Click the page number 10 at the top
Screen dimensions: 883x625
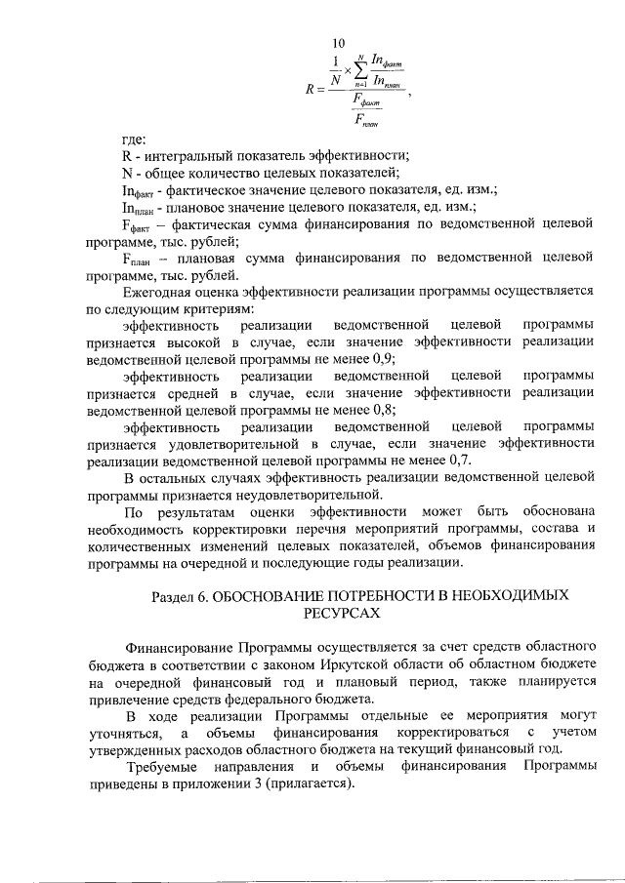click(339, 43)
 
